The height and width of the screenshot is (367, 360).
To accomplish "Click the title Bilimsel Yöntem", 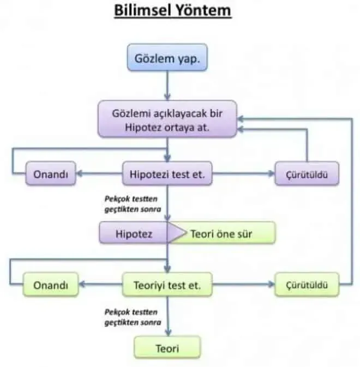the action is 173,10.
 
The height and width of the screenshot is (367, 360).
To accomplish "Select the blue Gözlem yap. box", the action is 167,57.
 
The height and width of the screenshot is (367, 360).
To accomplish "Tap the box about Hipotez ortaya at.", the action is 167,119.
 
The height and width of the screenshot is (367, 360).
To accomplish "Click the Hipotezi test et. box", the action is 167,173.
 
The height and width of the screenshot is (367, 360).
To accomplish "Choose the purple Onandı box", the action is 51,173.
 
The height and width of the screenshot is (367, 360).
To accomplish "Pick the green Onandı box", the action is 51,285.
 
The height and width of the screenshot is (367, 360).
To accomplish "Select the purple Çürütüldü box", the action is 307,173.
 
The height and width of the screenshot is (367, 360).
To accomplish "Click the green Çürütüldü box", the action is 307,285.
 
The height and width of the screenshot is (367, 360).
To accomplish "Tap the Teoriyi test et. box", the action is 167,285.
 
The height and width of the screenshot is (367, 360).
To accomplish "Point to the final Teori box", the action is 167,348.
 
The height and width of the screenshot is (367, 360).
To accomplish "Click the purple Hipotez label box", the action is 134,233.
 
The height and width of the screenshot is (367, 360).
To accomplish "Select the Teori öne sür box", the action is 221,233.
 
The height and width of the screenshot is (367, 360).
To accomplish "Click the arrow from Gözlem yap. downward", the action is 167,86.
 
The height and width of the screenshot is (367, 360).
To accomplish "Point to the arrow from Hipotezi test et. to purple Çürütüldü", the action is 243,173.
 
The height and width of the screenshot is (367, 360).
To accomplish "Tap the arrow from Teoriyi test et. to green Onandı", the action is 100,285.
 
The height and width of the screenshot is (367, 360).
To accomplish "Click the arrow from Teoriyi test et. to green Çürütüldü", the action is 243,285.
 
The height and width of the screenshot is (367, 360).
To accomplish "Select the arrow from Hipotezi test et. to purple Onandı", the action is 99,173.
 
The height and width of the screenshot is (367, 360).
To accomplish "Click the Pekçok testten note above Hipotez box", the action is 133,204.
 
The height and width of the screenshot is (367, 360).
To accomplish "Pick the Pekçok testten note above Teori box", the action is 133,317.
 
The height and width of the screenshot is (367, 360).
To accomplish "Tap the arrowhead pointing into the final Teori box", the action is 168,333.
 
